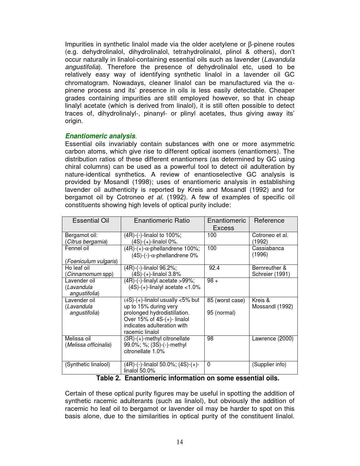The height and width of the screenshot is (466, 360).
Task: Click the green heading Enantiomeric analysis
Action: tap(100, 136)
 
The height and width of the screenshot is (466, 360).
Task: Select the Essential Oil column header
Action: tap(91, 221)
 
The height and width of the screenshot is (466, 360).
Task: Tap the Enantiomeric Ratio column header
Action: tap(162, 221)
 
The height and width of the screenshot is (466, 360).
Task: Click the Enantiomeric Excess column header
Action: tap(226, 224)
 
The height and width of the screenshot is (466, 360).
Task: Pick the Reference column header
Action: tap(269, 221)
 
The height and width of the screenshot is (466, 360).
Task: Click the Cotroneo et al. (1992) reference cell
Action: tap(270, 238)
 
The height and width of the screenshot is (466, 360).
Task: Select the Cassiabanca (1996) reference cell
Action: tap(268, 251)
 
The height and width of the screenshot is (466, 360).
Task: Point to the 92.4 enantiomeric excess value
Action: tap(214, 268)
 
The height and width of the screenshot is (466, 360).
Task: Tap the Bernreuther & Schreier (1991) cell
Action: tap(271, 271)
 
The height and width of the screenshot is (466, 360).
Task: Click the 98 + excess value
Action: tap(213, 281)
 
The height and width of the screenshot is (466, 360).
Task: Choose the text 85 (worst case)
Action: tap(226, 300)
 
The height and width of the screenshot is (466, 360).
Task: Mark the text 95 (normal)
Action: tap(221, 313)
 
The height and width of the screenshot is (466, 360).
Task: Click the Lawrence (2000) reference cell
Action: tap(272, 339)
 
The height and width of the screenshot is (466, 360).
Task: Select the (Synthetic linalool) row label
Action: tap(88, 364)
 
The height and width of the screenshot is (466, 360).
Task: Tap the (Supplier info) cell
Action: tap(269, 364)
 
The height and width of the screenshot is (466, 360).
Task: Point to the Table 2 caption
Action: tap(187, 378)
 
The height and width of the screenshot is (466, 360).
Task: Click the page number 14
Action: tap(180, 442)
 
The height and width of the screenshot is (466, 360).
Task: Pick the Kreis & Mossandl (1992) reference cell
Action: tap(272, 303)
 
